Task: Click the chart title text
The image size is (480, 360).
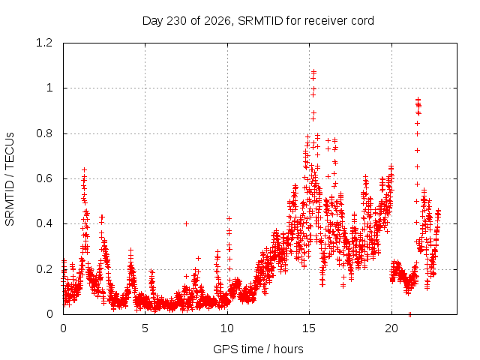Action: click(x=258, y=21)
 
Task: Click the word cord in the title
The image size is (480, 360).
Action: click(x=362, y=21)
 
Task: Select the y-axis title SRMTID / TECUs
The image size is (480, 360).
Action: click(x=10, y=179)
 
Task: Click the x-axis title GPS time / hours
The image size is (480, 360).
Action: click(x=258, y=349)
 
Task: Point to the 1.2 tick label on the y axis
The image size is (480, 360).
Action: click(x=44, y=43)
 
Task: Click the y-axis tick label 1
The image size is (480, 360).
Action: click(x=49, y=88)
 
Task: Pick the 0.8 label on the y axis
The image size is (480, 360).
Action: click(x=44, y=133)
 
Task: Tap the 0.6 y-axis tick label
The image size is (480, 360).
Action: click(x=44, y=178)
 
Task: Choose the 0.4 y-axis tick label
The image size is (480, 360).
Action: click(x=44, y=223)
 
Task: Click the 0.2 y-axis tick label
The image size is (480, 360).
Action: click(x=44, y=269)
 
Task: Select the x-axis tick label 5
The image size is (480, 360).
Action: click(x=145, y=328)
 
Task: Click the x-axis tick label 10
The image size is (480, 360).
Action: click(x=227, y=328)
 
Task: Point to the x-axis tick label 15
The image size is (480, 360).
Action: click(x=309, y=328)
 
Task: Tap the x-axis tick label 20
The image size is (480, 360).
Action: click(x=391, y=328)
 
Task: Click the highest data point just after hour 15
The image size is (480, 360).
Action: click(x=313, y=72)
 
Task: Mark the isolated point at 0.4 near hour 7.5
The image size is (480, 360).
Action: click(x=186, y=223)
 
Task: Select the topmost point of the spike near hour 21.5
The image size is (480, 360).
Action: click(x=418, y=99)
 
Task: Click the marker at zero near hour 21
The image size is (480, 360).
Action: click(x=409, y=314)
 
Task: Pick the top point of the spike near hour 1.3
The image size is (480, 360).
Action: click(x=84, y=169)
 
